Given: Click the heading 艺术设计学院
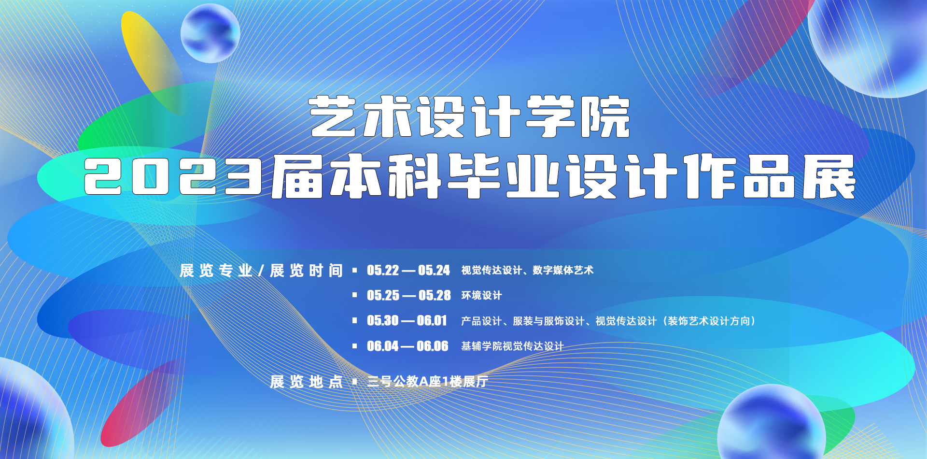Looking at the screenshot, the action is (x=470, y=116).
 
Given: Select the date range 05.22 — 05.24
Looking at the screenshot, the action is (x=408, y=270).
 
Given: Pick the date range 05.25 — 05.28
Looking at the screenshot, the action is (x=409, y=295).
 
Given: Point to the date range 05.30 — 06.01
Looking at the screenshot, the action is (x=407, y=320).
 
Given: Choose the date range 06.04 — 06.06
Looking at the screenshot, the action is (x=407, y=346).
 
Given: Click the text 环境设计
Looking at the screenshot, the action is (x=481, y=295).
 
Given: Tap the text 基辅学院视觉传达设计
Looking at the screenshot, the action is (x=512, y=346).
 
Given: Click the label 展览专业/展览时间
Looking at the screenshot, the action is (x=261, y=271).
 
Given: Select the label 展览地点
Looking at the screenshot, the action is (x=306, y=382).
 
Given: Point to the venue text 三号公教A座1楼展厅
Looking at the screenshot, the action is (x=428, y=382).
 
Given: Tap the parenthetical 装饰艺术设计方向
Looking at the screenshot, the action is (x=710, y=321).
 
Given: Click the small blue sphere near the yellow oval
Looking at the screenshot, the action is (x=211, y=33).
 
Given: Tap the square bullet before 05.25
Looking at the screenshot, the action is (x=355, y=295).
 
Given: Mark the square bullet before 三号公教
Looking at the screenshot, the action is (x=355, y=382).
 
